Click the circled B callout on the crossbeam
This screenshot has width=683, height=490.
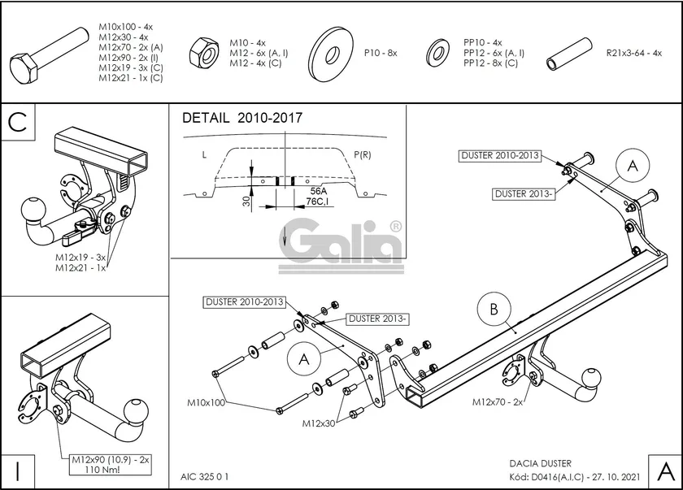click(x=494, y=309)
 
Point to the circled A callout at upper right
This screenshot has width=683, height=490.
click(x=631, y=166)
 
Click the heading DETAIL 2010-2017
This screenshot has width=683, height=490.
click(x=241, y=118)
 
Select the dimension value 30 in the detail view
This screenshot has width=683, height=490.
click(x=246, y=201)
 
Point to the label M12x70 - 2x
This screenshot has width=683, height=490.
click(x=498, y=401)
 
